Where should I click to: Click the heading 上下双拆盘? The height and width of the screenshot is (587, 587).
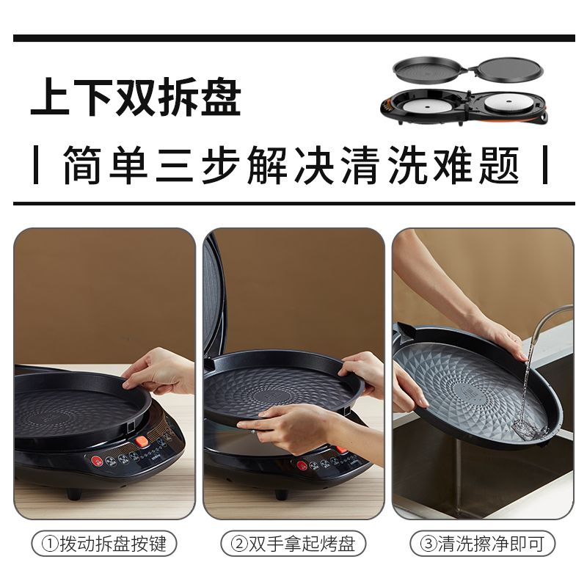click(136, 97)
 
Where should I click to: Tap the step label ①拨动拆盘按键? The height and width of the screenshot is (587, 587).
click(103, 544)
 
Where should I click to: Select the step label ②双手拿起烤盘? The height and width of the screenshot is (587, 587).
click(293, 544)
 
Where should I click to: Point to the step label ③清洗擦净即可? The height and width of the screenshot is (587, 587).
click(482, 544)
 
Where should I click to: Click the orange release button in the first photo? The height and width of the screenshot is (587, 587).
click(142, 442)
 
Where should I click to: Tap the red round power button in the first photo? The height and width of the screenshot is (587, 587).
click(97, 461)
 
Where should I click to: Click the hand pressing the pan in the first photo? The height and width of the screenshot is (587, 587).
click(159, 371)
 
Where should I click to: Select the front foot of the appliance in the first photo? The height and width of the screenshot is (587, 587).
click(74, 494)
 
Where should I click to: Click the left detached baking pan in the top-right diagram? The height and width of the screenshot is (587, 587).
click(431, 68)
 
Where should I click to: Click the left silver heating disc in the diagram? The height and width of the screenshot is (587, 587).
click(428, 106)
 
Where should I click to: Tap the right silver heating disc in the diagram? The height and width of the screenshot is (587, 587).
click(509, 103)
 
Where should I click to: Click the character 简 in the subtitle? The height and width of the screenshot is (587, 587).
click(82, 164)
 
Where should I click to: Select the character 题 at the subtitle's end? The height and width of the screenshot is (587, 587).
click(500, 164)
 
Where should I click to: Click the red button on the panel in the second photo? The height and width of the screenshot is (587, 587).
click(302, 465)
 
